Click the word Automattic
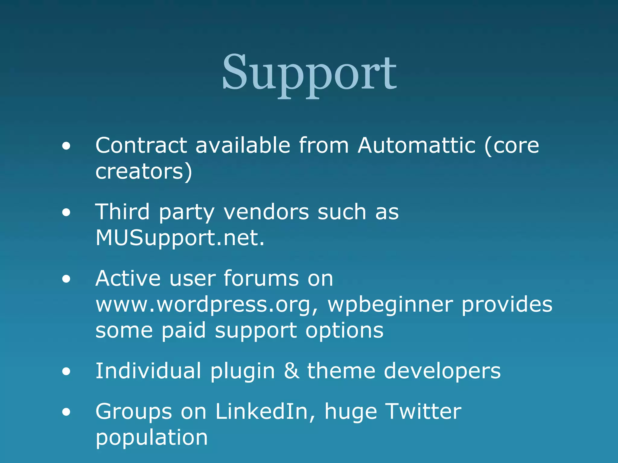pos(417,146)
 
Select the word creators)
pos(144,172)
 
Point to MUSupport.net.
pos(180,238)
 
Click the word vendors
pos(266,212)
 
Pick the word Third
pos(123,212)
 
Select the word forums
pos(261,278)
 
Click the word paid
pos(184,331)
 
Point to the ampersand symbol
pos(291,371)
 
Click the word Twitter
pos(423,412)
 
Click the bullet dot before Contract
pos(66,147)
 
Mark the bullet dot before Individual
pos(66,372)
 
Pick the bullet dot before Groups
pos(66,412)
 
